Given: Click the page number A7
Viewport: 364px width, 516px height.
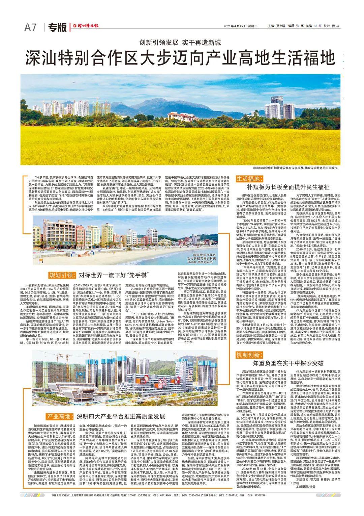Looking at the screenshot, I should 30,28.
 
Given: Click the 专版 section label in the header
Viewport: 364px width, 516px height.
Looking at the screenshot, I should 57,28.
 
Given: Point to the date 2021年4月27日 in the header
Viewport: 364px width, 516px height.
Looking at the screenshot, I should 236,26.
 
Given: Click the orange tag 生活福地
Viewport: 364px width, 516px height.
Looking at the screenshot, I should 248,179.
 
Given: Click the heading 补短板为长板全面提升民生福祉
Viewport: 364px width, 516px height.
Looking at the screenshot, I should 288,187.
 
